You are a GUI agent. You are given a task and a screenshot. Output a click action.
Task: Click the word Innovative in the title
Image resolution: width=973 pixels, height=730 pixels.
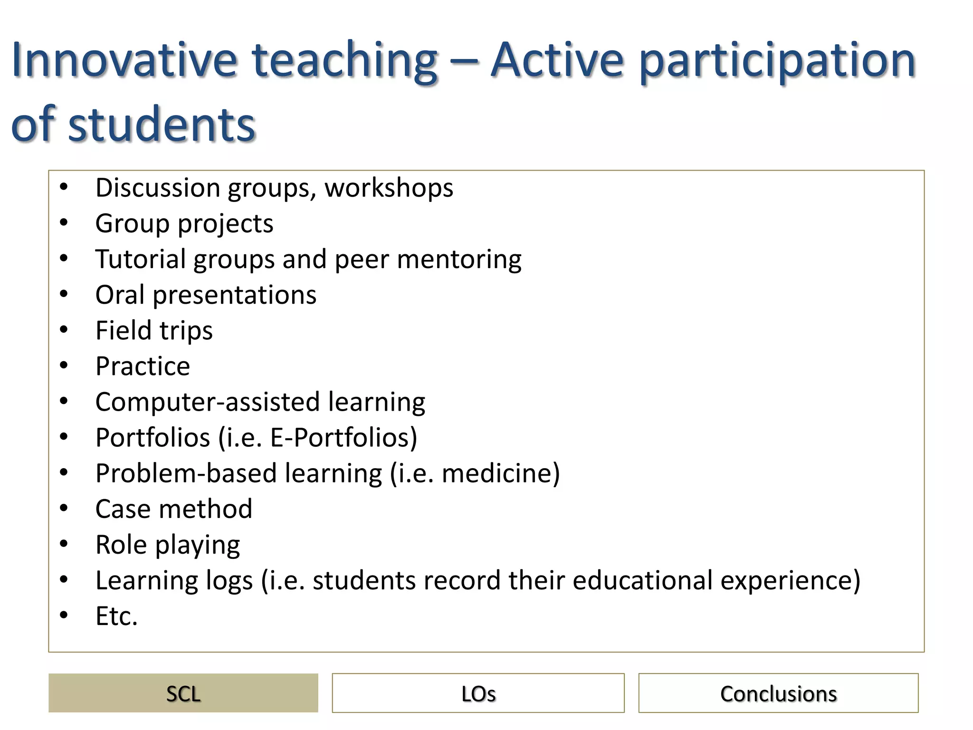point(124,61)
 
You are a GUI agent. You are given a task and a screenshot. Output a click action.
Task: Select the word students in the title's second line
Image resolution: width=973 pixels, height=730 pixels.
point(162,125)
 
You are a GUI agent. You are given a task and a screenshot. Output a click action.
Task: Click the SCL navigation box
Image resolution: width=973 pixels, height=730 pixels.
point(183,693)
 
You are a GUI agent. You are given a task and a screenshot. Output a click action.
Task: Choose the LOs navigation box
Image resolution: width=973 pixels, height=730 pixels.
point(478,693)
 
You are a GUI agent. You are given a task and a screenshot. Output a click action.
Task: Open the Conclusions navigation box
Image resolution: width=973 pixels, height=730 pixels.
point(778,693)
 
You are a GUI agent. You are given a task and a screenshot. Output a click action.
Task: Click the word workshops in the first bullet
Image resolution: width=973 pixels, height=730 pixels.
point(389,188)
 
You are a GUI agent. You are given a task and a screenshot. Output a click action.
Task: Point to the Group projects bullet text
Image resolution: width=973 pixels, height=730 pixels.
point(184,224)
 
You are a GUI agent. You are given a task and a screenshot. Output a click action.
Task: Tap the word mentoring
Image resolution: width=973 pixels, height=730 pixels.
point(459,260)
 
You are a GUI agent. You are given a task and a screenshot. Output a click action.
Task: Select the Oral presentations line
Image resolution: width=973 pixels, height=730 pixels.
point(206,295)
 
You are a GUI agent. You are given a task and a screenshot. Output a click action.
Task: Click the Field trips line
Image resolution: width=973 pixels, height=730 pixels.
point(154,331)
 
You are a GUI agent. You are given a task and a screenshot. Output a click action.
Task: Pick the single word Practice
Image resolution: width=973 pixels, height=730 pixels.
point(143,366)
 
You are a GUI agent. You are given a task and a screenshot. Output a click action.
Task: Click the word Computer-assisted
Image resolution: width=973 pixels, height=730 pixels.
point(208,403)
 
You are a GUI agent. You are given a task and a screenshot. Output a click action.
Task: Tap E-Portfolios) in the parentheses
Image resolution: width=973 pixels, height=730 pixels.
point(343,438)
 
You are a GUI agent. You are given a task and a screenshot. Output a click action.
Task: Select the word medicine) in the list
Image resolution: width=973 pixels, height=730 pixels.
point(501,474)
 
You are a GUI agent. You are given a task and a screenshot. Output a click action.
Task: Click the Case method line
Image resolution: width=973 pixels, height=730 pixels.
point(173,509)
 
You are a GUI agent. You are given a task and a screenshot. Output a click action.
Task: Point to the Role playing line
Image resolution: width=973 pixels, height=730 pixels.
point(167,545)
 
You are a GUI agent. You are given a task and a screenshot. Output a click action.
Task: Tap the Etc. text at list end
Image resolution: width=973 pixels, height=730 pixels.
point(116,616)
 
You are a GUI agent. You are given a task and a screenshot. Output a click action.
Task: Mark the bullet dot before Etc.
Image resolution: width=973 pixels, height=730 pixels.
point(64,615)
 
